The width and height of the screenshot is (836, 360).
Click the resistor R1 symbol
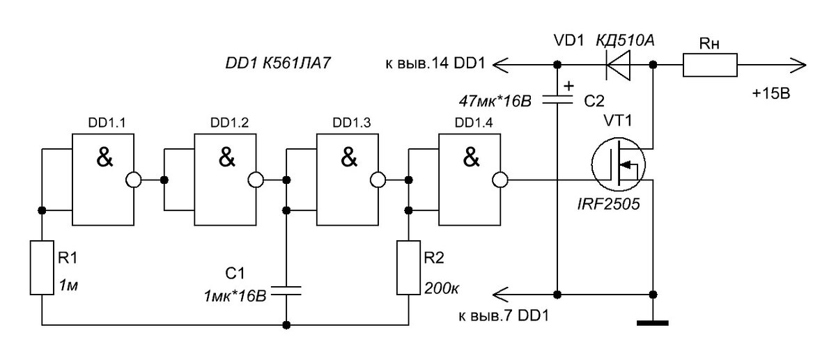[42, 268]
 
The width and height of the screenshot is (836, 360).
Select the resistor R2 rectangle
[408, 268]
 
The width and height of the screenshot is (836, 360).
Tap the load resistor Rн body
[710, 65]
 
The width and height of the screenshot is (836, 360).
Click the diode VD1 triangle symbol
[618, 65]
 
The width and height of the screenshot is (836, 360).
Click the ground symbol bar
[652, 323]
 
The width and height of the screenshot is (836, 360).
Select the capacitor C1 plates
[286, 291]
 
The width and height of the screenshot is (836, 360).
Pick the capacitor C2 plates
[557, 100]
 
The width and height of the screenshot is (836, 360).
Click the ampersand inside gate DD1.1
[104, 157]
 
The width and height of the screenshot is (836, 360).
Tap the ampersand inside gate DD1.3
[349, 157]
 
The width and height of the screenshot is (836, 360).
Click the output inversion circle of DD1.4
[500, 180]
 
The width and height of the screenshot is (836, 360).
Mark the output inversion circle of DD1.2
[256, 180]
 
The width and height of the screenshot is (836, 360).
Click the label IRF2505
[608, 204]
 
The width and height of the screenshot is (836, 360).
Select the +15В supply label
[771, 93]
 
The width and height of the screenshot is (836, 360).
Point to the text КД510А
[625, 40]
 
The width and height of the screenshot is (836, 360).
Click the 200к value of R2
[442, 288]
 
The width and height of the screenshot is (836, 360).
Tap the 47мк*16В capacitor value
[495, 101]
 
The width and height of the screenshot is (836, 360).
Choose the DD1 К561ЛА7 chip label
[278, 63]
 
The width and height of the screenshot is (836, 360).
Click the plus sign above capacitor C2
[568, 86]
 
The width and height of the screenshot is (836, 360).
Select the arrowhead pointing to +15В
[798, 65]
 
